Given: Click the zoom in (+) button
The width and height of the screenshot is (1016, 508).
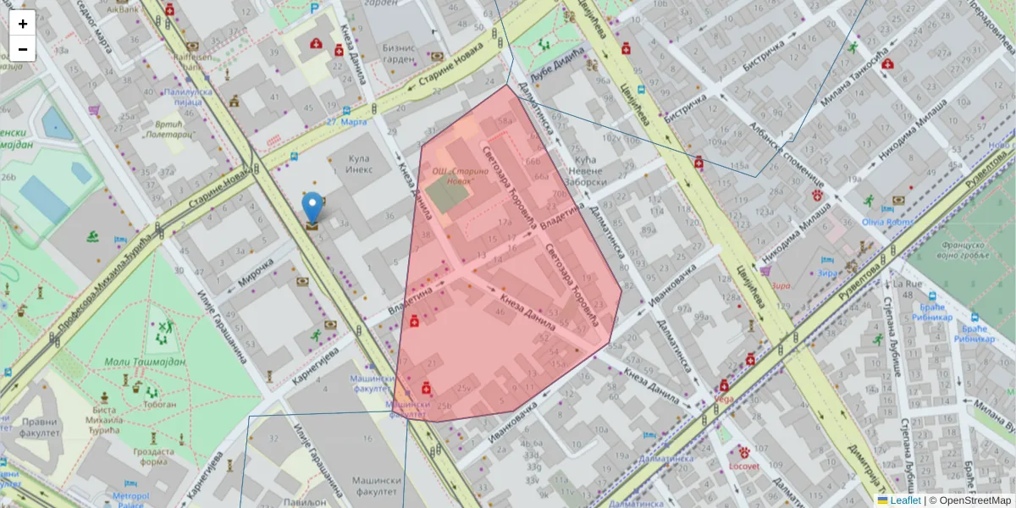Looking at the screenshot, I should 23,24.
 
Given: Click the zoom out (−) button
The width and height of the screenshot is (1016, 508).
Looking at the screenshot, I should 23,49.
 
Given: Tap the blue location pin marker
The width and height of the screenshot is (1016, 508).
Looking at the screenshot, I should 312,207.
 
